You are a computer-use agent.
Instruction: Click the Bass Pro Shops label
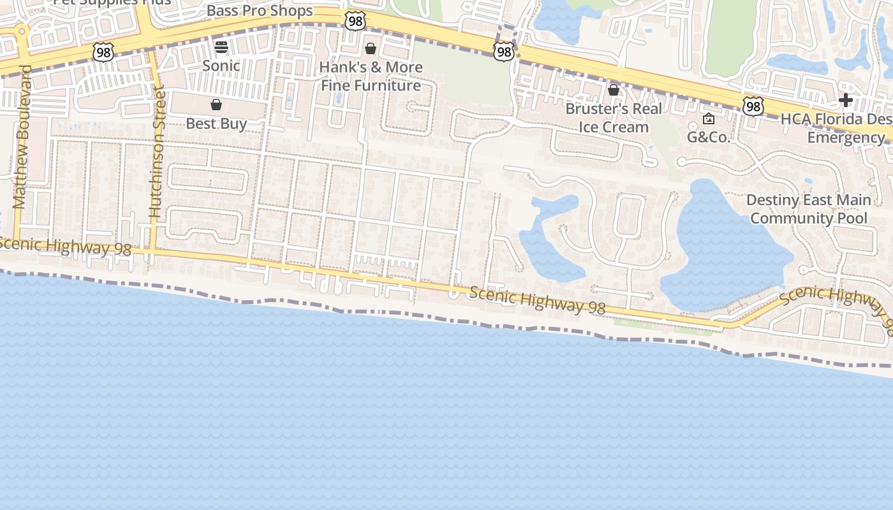(260, 11)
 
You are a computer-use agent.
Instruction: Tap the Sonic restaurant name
(221, 65)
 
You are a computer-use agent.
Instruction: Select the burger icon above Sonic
(221, 47)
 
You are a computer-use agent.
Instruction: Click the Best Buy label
(216, 123)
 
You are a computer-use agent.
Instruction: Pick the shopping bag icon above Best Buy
(216, 105)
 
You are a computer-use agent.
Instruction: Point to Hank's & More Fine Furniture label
(371, 76)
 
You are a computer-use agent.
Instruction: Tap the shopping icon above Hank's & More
(371, 48)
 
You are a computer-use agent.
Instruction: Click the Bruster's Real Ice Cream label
(614, 117)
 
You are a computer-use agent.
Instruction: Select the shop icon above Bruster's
(614, 90)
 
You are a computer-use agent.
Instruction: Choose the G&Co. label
(709, 136)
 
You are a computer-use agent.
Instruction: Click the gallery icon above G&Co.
(709, 119)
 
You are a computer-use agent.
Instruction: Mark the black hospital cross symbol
(846, 100)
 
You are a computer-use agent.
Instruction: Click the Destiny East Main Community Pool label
(808, 209)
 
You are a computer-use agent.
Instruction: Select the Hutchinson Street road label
(156, 152)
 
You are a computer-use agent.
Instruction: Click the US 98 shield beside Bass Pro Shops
(355, 21)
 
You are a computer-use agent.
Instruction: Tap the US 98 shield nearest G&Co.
(753, 106)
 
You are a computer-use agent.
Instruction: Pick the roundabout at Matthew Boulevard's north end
(22, 30)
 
